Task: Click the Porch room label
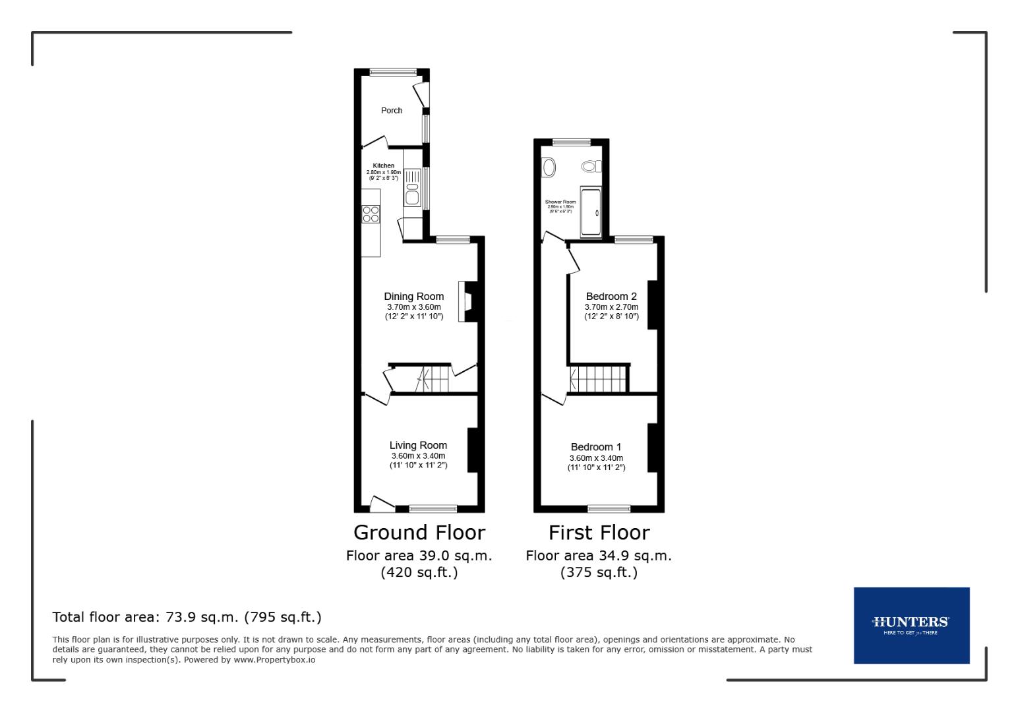[x=392, y=110]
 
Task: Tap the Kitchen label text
[x=384, y=165]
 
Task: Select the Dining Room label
[x=414, y=297]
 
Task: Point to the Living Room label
[x=418, y=446]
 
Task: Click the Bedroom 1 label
[x=596, y=447]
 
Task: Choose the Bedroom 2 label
[x=611, y=297]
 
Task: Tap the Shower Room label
[x=560, y=202]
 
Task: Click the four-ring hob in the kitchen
[x=371, y=214]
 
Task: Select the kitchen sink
[x=412, y=187]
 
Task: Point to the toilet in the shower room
[x=591, y=166]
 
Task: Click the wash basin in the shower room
[x=548, y=167]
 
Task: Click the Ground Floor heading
[x=419, y=533]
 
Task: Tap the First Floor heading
[x=599, y=533]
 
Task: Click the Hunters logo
[x=911, y=624]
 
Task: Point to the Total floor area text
[x=187, y=617]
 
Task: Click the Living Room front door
[x=381, y=504]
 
